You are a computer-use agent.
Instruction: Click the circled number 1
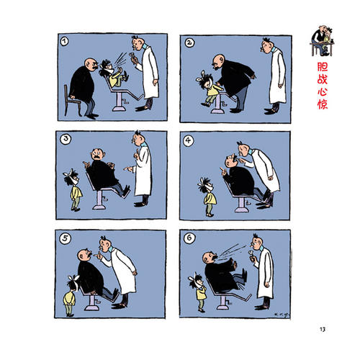[x=64, y=42]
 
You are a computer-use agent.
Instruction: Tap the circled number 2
[x=189, y=42]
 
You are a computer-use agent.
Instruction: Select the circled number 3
[x=66, y=140]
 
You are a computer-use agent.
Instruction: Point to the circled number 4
[x=189, y=140]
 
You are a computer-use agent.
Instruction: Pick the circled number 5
[x=65, y=238]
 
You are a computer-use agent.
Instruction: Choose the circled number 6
[x=189, y=238]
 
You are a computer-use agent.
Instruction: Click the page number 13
[x=323, y=329]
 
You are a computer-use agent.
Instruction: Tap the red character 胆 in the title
[x=323, y=67]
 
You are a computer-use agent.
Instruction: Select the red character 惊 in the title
[x=323, y=104]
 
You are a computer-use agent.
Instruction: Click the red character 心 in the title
[x=323, y=92]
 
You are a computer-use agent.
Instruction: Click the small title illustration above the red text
[x=323, y=41]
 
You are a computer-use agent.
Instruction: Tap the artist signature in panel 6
[x=281, y=315]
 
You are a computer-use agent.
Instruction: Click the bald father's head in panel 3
[x=98, y=155]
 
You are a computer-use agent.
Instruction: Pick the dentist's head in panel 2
[x=267, y=45]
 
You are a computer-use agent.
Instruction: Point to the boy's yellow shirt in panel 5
[x=69, y=298]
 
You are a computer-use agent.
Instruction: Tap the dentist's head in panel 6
[x=257, y=242]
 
